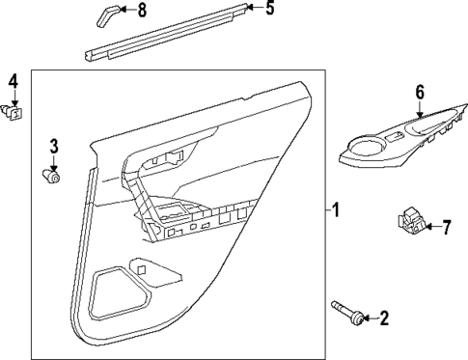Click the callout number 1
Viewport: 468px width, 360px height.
click(x=336, y=208)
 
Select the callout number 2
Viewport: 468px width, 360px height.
click(x=384, y=317)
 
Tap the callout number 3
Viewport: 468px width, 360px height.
click(x=54, y=147)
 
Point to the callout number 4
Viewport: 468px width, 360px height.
click(x=14, y=80)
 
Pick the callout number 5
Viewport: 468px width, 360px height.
click(x=269, y=11)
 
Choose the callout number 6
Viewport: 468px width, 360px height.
click(x=420, y=92)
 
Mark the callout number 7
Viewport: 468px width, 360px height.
click(x=447, y=228)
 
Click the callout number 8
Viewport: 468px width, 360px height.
click(x=143, y=11)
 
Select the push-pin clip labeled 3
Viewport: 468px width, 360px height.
click(x=54, y=176)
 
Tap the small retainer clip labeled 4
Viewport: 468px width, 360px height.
click(x=14, y=112)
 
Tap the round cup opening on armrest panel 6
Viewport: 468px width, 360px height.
click(x=368, y=146)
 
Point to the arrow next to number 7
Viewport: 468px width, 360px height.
click(x=431, y=228)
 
